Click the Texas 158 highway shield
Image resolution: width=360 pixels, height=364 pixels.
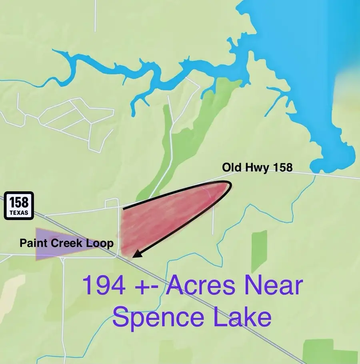pos(19,206)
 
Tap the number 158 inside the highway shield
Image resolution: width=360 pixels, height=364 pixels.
pos(19,202)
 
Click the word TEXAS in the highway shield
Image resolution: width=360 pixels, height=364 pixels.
pos(19,213)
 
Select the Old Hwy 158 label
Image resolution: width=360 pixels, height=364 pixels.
pos(257,167)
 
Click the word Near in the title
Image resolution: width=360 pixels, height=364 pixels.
pos(276,286)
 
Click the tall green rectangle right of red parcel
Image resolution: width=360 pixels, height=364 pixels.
pos(259,251)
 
